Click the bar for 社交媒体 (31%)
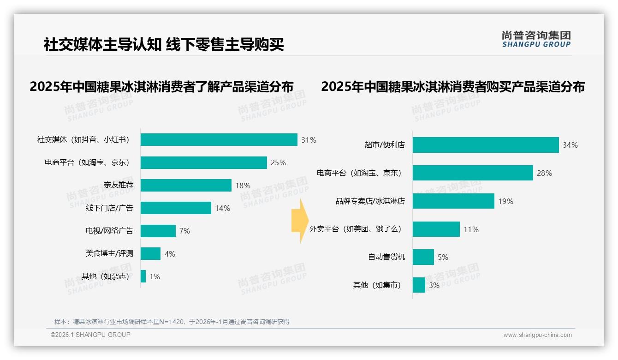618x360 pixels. tap(219, 139)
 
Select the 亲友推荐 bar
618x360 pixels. tap(186, 185)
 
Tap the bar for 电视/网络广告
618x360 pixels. tap(158, 231)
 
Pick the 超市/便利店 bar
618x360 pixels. tap(485, 145)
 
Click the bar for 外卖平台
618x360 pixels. tap(436, 229)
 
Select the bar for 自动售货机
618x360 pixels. tap(423, 257)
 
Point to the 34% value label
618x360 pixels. tap(570, 145)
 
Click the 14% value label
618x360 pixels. tap(222, 208)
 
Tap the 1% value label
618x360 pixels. tap(154, 276)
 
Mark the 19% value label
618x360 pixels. tap(505, 201)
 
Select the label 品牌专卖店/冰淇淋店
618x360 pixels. tap(370, 201)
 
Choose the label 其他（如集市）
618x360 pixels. tap(377, 285)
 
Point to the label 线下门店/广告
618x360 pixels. tap(109, 208)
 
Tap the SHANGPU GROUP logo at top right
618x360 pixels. tap(536, 39)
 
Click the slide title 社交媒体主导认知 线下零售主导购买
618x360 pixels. tap(164, 44)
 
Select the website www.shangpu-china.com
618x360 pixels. tap(537, 335)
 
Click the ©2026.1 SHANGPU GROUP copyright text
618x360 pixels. tap(90, 335)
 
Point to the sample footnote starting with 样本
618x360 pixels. tap(172, 321)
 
